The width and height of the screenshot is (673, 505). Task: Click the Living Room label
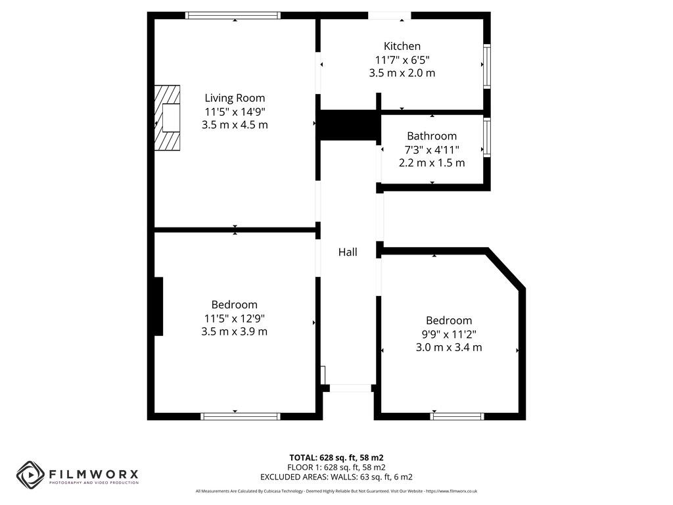(x=235, y=98)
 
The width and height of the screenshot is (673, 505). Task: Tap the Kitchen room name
(x=402, y=46)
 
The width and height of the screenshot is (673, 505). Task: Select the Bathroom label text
(x=432, y=136)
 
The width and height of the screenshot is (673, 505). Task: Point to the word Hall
(x=348, y=252)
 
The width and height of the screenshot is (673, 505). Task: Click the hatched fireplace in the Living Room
(x=167, y=118)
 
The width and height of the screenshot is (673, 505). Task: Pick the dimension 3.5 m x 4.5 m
(x=235, y=125)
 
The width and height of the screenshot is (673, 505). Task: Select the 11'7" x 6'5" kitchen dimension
(x=402, y=60)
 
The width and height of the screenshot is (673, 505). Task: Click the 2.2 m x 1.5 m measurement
(x=432, y=162)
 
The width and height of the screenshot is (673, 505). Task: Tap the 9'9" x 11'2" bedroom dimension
(x=449, y=334)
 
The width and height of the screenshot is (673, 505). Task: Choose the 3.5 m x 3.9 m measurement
(x=235, y=331)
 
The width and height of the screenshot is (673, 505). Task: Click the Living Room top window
(x=233, y=15)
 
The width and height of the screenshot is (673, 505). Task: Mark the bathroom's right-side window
(x=487, y=137)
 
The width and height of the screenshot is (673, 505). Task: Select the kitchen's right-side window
(x=487, y=66)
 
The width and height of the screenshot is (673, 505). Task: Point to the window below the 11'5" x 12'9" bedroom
(x=241, y=416)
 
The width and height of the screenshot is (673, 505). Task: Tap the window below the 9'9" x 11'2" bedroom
(x=457, y=416)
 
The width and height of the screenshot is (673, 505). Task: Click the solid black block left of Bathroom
(x=348, y=125)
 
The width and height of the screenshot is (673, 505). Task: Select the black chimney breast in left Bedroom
(x=158, y=306)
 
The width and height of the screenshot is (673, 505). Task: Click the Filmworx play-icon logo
(x=30, y=475)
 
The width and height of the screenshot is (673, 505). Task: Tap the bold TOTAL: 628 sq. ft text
(x=336, y=457)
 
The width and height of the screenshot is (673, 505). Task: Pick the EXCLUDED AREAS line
(x=336, y=477)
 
